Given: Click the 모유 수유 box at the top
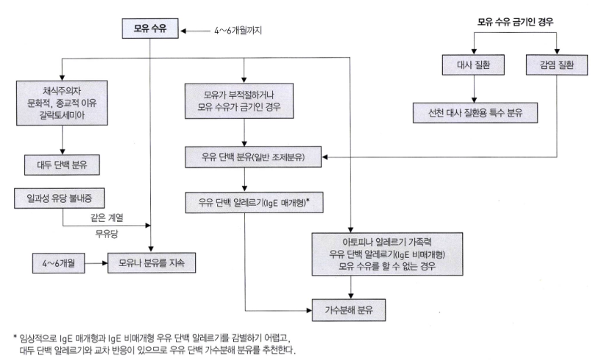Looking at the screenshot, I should [x=150, y=31].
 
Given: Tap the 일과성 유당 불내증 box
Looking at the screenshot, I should [x=62, y=197].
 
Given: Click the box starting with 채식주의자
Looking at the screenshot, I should [x=62, y=103].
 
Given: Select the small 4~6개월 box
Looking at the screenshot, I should [x=61, y=261].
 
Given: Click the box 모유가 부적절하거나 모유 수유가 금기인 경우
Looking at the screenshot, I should [x=245, y=103].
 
